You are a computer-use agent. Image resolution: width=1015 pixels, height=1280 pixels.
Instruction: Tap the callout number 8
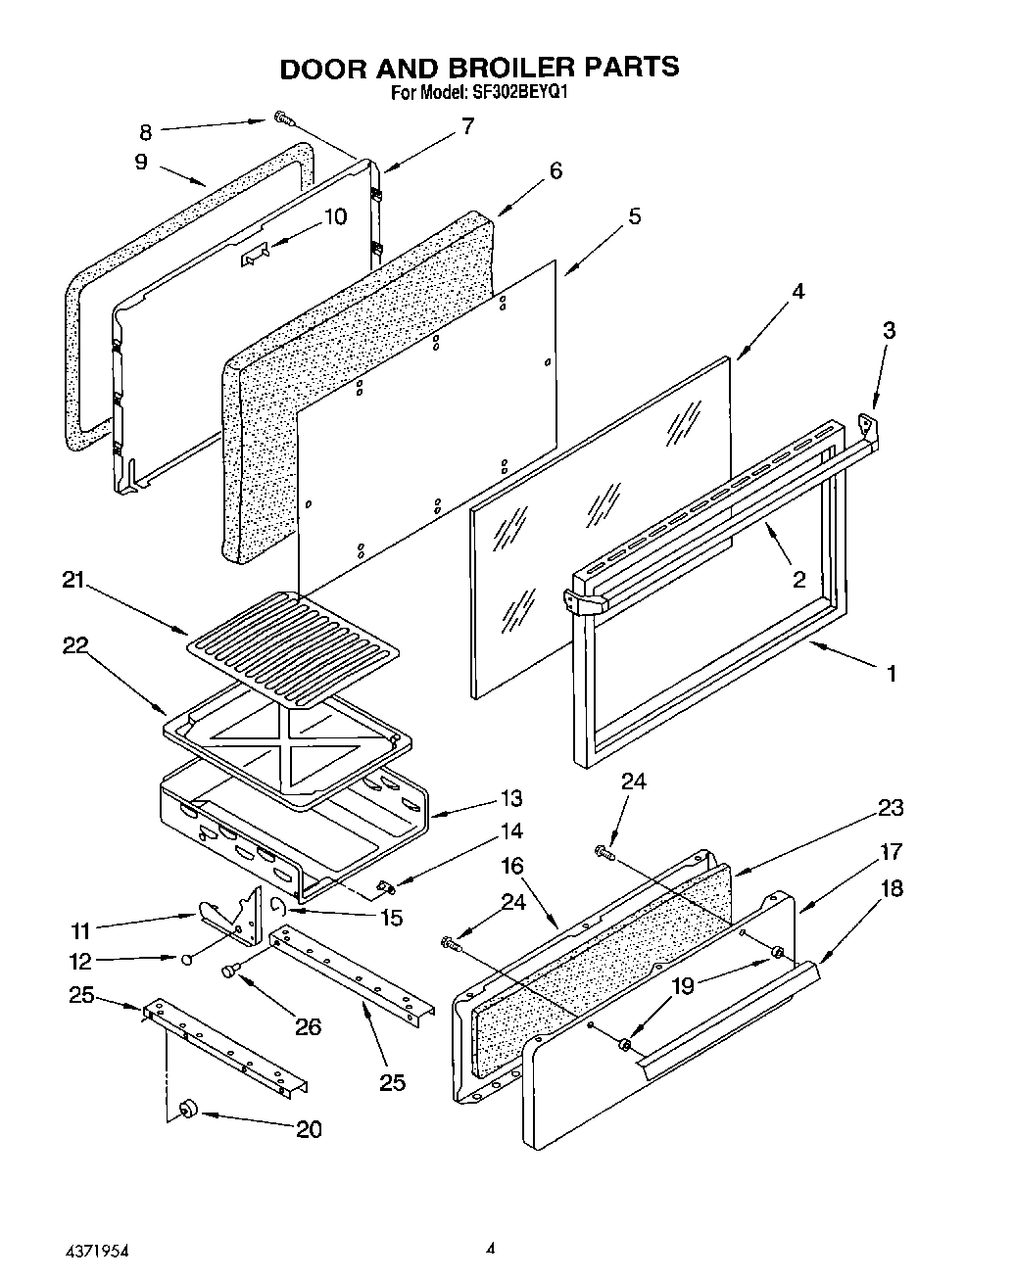coord(145,132)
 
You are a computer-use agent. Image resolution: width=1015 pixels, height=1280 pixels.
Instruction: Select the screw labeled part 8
coord(284,119)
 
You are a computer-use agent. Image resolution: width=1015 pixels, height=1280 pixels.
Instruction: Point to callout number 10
coord(335,216)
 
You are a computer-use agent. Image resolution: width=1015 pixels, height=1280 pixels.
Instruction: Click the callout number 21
coord(72,580)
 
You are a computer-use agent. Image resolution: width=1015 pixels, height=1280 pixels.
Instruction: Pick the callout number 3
coord(889,330)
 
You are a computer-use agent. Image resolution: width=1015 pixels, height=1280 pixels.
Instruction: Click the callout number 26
coord(308,1026)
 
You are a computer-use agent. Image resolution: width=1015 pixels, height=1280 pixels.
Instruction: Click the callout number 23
coord(890,808)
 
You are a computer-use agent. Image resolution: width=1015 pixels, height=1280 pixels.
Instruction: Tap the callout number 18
coord(890,888)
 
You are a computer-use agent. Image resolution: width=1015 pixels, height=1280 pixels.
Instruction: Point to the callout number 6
coord(556,170)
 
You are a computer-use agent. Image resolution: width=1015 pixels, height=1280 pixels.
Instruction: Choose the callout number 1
coord(891,673)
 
